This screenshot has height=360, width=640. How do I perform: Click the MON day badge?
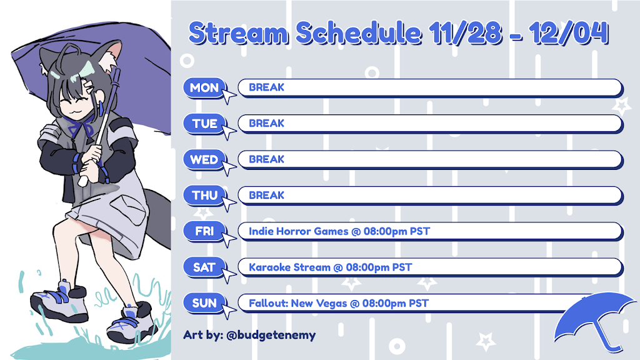click(x=204, y=87)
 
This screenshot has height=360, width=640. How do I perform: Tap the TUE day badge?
click(x=204, y=124)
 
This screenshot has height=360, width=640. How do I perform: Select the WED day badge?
click(x=204, y=159)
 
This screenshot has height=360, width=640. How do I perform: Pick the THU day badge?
click(x=204, y=196)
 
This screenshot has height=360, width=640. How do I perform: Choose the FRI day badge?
click(x=204, y=231)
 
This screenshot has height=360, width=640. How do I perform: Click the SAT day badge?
click(x=204, y=267)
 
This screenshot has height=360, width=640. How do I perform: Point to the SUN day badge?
click(x=204, y=303)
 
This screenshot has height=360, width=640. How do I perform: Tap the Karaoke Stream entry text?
click(x=289, y=267)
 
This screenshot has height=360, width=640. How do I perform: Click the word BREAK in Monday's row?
click(x=266, y=87)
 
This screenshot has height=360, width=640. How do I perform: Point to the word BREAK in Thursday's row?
click(x=266, y=195)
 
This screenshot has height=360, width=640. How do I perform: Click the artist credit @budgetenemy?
click(x=271, y=336)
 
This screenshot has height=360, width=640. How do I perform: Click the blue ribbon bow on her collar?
click(x=82, y=127)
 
